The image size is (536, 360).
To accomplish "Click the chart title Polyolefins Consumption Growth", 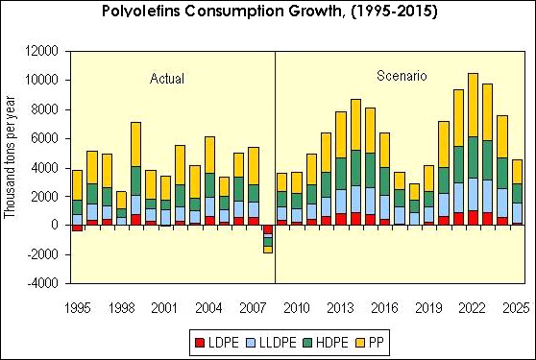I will pos(267,13).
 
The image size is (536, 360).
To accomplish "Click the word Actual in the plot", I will pos(167,78).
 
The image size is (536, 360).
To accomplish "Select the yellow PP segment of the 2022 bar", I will pos(473,105).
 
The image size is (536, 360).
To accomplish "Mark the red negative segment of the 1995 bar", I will pos(77,228).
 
